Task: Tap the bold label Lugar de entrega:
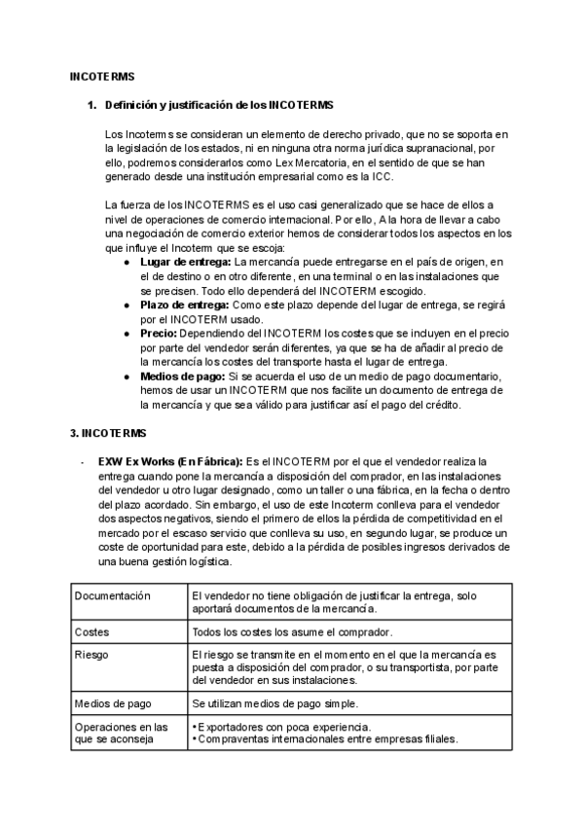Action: click(186, 263)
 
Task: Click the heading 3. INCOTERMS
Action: click(109, 432)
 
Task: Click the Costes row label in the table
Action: click(91, 631)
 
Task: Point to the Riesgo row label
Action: click(92, 656)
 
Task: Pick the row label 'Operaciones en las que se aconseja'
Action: click(121, 733)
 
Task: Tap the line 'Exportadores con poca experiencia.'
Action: click(282, 726)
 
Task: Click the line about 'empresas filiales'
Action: click(325, 738)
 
